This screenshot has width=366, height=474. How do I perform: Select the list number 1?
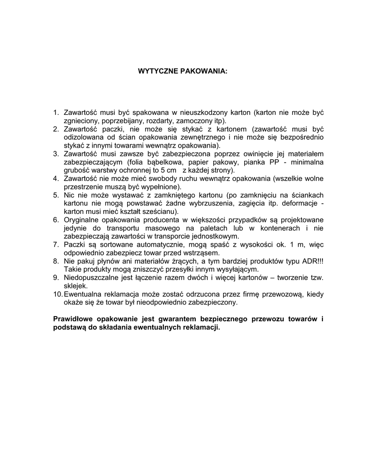click(x=56, y=112)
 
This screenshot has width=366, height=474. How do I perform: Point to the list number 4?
click(x=56, y=179)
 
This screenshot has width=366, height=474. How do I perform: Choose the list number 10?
click(x=57, y=294)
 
